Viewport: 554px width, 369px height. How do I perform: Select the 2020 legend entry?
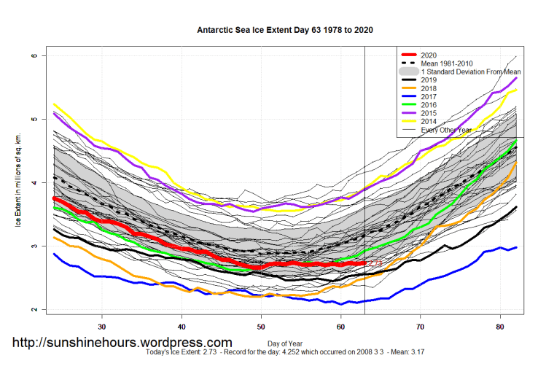pos(429,55)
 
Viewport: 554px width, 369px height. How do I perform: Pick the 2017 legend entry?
pos(429,97)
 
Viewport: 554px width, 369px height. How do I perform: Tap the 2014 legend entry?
pos(429,122)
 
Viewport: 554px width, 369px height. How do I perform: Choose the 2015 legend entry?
pos(429,114)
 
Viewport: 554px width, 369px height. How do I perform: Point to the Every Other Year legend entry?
pos(446,131)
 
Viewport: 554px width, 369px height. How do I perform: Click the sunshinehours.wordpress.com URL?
pos(122,342)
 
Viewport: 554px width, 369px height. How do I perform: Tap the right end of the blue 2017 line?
pos(516,247)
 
